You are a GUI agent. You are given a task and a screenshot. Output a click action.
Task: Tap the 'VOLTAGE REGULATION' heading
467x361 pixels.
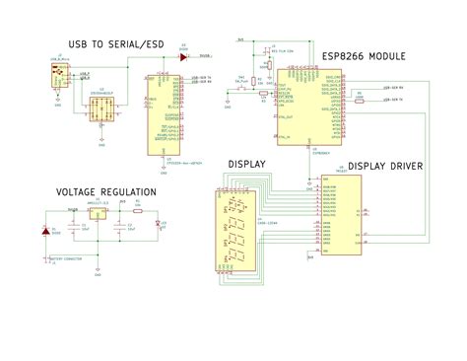(105, 191)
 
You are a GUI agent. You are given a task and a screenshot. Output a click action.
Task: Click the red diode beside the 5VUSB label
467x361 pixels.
(183, 57)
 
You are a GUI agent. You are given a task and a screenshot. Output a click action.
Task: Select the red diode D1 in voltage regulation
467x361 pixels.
(45, 232)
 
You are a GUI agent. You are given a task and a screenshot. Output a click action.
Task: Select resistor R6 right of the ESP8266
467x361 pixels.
(360, 100)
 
